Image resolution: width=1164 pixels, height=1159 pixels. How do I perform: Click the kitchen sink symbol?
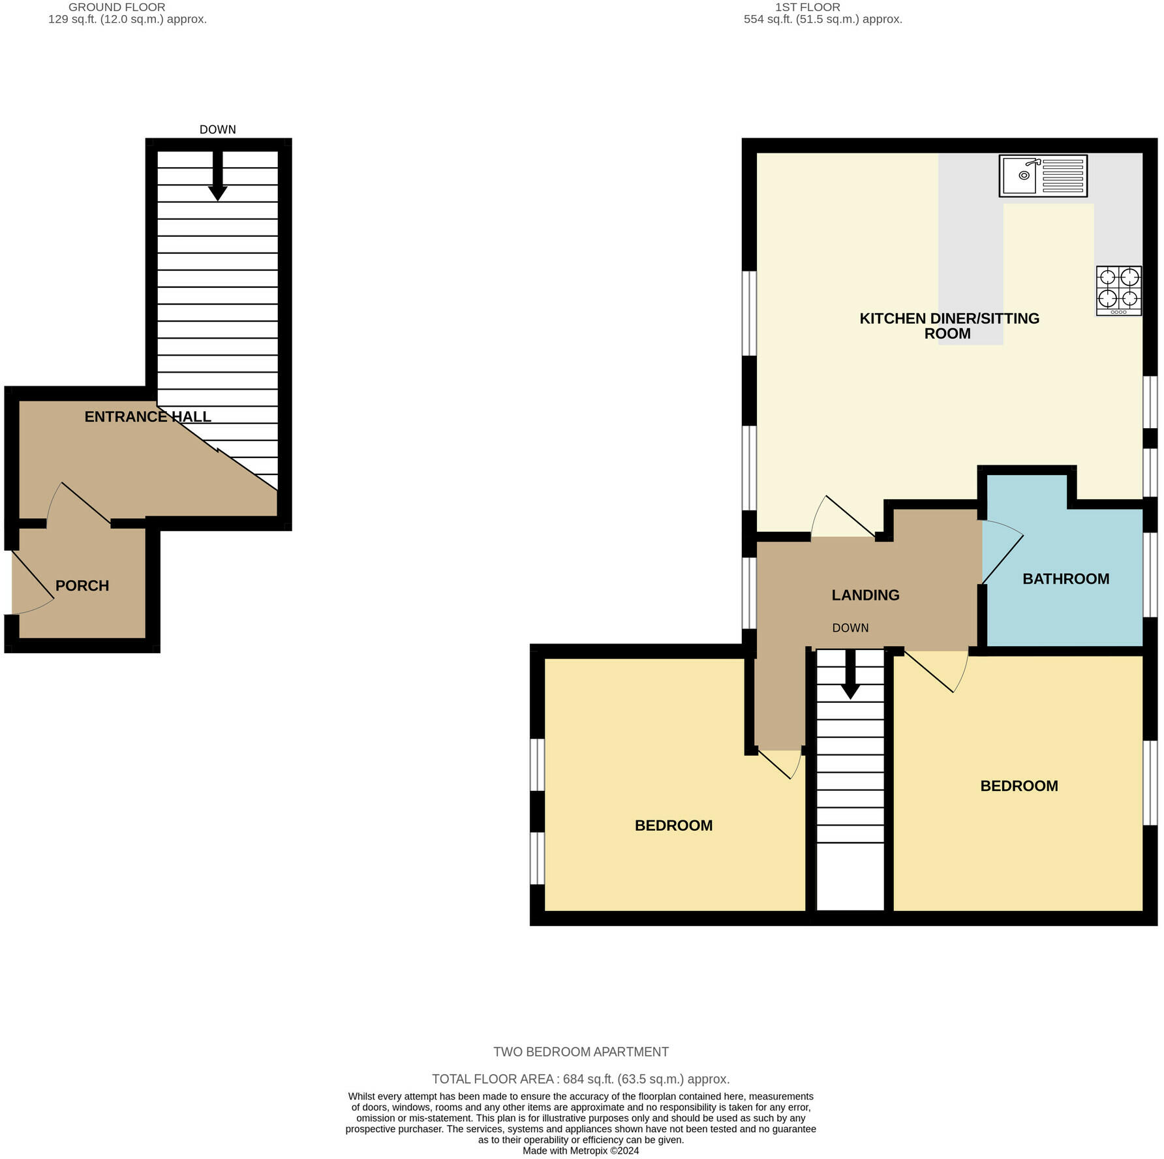pyautogui.click(x=1043, y=176)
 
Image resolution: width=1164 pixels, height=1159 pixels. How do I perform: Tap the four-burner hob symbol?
pyautogui.click(x=1119, y=291)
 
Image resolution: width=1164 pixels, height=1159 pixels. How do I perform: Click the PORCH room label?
pyautogui.click(x=82, y=586)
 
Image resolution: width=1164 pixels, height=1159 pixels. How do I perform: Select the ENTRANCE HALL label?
pyautogui.click(x=148, y=417)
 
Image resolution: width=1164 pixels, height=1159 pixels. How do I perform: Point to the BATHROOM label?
pyautogui.click(x=1065, y=579)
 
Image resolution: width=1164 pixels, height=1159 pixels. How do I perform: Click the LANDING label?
pyautogui.click(x=865, y=595)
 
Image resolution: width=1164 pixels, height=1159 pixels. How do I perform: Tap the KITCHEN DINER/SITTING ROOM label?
pyautogui.click(x=949, y=326)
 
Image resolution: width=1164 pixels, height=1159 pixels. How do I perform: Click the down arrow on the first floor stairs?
pyautogui.click(x=850, y=674)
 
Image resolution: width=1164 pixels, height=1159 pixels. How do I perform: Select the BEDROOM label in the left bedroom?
pyautogui.click(x=673, y=826)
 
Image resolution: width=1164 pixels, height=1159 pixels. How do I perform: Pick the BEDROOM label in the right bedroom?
pyautogui.click(x=1019, y=786)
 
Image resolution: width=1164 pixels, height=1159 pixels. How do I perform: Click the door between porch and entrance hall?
pyautogui.click(x=79, y=503)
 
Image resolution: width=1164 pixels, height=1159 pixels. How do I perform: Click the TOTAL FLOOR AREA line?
pyautogui.click(x=581, y=1079)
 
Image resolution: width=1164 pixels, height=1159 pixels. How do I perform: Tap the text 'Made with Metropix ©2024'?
pyautogui.click(x=581, y=1151)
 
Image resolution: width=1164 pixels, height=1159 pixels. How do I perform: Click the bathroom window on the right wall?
pyautogui.click(x=1150, y=575)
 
